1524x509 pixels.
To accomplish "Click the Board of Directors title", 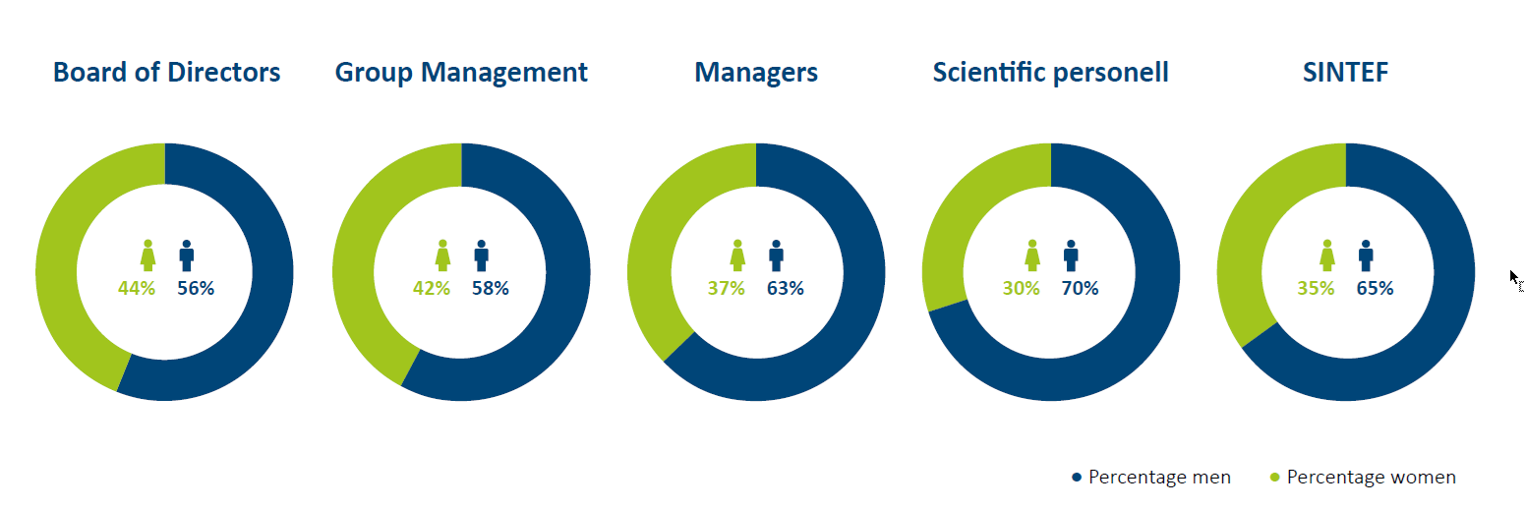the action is (167, 72).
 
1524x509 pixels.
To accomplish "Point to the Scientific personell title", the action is (1050, 72).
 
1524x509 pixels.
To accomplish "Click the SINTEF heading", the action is (1346, 72).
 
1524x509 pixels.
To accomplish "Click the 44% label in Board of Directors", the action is (137, 288).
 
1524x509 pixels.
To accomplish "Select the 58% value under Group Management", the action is (491, 288).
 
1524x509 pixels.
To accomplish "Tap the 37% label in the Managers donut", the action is (726, 288).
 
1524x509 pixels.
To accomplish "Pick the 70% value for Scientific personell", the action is (1081, 288).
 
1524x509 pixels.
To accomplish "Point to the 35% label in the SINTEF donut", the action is (1316, 288).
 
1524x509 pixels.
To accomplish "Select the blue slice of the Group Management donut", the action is (564, 285).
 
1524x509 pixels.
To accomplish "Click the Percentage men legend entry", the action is (1151, 477).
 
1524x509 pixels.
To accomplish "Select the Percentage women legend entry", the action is (1363, 477).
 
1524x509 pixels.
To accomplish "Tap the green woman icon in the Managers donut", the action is (737, 255).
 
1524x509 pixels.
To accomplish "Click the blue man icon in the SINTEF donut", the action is (1366, 255).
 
